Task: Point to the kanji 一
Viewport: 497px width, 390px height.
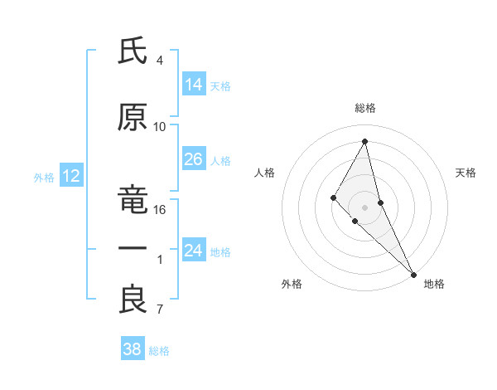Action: click(133, 249)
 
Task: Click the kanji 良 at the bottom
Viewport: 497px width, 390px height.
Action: click(133, 300)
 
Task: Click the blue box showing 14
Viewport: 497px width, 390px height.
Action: click(194, 85)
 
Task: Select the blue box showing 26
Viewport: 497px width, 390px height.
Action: click(194, 159)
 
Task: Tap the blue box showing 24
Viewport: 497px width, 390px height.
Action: click(194, 251)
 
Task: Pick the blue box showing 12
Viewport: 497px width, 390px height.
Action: click(70, 176)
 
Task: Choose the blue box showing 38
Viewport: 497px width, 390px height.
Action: click(133, 349)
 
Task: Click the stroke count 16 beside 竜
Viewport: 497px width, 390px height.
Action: click(160, 210)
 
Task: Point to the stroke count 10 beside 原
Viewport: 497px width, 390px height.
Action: click(160, 127)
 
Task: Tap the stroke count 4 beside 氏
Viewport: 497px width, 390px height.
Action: click(160, 61)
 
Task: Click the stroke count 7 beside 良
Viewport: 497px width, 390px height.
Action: click(160, 310)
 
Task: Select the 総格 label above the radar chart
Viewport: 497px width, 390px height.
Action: click(365, 108)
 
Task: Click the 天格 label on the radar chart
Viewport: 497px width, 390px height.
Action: click(466, 173)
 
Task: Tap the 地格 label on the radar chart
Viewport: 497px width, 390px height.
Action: click(434, 284)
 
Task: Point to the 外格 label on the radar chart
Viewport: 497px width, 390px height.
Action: click(292, 284)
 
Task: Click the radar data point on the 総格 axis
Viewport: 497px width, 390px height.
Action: click(365, 141)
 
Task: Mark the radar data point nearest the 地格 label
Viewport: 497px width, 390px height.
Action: click(413, 273)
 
